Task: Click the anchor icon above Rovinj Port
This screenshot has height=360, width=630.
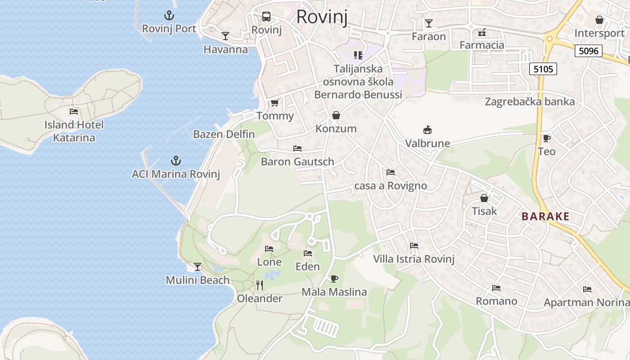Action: (169, 16)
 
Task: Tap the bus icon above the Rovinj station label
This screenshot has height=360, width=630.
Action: (266, 17)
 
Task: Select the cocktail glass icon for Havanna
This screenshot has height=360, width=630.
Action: (225, 36)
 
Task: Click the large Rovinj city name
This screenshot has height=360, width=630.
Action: (322, 17)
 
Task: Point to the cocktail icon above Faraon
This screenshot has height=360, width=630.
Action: (428, 23)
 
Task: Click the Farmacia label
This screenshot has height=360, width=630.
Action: (481, 45)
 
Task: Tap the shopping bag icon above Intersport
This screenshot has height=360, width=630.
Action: (599, 20)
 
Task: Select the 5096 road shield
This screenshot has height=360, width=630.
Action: (589, 51)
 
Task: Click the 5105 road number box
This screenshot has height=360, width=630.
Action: (543, 69)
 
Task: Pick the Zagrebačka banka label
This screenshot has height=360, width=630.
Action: (530, 102)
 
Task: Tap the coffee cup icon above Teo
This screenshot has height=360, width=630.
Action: (546, 138)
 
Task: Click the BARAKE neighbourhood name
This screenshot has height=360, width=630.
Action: (545, 216)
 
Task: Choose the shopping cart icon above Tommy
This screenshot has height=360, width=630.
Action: (274, 103)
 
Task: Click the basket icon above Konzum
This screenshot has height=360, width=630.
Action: (336, 116)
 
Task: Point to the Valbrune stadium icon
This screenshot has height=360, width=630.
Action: (427, 130)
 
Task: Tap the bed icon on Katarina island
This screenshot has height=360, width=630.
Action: (74, 112)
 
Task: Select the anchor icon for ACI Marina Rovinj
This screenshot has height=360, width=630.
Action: (175, 161)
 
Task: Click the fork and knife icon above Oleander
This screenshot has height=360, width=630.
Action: (259, 285)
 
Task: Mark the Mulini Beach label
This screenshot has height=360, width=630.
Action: (198, 280)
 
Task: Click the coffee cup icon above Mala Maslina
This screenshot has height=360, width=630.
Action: (334, 279)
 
